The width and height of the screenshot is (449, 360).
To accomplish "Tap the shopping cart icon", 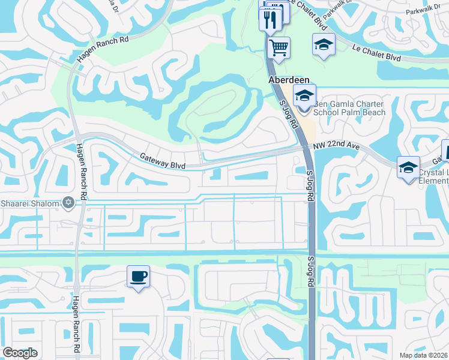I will coord(279,46).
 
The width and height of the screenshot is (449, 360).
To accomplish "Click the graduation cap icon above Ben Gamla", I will coord(304,96).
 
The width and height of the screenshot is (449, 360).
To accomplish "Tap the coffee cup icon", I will coord(139,276).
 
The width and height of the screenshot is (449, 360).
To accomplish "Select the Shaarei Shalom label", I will coord(30,203).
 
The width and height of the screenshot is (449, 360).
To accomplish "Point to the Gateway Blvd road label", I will coord(162,159).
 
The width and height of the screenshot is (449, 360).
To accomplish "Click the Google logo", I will coord(20,353).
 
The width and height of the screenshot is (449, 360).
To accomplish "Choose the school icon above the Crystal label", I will coord(408,167).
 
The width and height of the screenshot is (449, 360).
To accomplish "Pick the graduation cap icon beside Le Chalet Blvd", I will coord(324,44).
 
